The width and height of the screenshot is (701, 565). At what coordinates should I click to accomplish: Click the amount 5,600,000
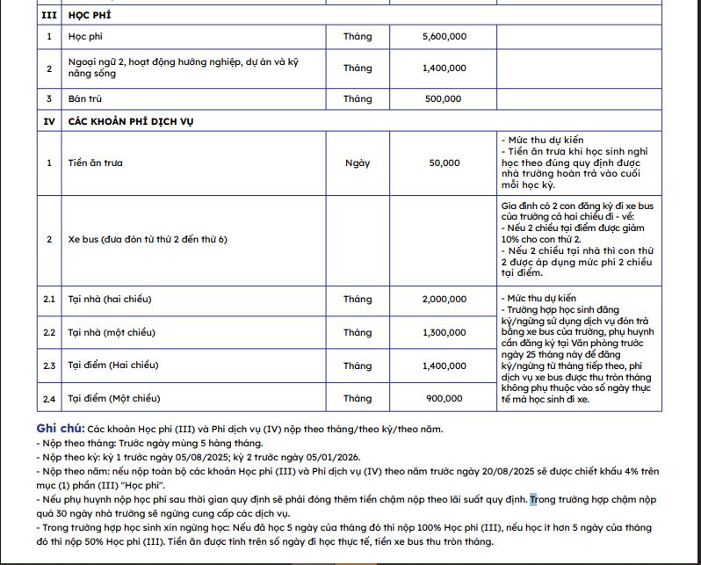pos(444,37)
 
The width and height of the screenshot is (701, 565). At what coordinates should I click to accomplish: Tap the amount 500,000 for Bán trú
pos(443,99)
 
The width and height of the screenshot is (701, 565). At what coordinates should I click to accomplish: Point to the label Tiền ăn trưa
pos(95,163)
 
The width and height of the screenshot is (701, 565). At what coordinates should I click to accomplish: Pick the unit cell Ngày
pos(358,163)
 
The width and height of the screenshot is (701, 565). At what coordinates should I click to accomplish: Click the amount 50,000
pos(444,163)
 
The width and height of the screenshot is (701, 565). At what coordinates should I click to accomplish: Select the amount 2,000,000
pos(444,300)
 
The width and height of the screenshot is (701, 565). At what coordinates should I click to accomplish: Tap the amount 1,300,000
pos(444,333)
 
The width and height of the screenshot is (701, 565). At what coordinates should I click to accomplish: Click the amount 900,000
pos(444,399)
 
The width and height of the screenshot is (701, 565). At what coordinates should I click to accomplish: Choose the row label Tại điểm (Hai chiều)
pos(113,366)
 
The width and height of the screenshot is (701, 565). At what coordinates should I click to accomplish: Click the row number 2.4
pos(49,400)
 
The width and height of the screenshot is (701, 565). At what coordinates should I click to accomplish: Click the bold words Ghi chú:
pos(61,429)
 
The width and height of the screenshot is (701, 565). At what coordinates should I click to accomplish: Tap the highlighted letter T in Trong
pos(532,499)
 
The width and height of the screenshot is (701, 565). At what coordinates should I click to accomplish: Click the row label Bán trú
pos(85,99)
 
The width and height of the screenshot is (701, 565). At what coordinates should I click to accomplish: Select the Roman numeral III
pos(49,16)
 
